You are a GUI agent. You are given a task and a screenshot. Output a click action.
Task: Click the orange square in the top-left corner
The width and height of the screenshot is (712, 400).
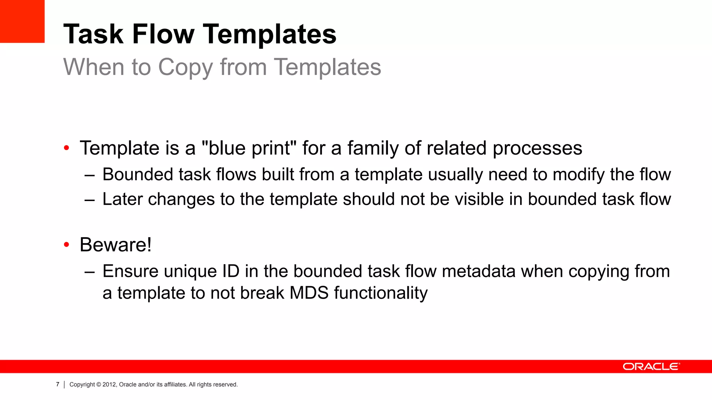tap(22, 21)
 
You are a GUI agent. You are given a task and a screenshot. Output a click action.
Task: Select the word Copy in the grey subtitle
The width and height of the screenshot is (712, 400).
tap(185, 67)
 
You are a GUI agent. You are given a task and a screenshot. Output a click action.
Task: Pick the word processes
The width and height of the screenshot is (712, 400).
tap(537, 148)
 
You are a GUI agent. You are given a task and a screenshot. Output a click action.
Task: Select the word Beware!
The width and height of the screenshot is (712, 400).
tap(116, 245)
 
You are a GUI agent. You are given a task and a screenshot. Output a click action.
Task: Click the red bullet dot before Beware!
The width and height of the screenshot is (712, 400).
tap(67, 245)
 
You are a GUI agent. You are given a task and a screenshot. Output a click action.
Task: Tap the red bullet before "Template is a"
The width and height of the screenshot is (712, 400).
tap(67, 149)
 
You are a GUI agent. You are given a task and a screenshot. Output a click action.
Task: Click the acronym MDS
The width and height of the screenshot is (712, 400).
tap(309, 293)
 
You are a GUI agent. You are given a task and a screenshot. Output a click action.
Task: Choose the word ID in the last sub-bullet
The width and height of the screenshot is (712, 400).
tap(231, 271)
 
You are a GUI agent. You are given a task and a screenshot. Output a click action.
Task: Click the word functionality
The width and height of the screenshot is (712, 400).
tap(381, 293)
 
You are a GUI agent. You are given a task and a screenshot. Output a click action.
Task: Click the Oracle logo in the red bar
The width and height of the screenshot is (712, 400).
tap(651, 367)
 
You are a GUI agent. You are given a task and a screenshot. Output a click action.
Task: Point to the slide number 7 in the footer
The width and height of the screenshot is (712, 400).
tap(58, 384)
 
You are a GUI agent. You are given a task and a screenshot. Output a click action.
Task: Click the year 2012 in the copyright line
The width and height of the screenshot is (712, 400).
tap(109, 384)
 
